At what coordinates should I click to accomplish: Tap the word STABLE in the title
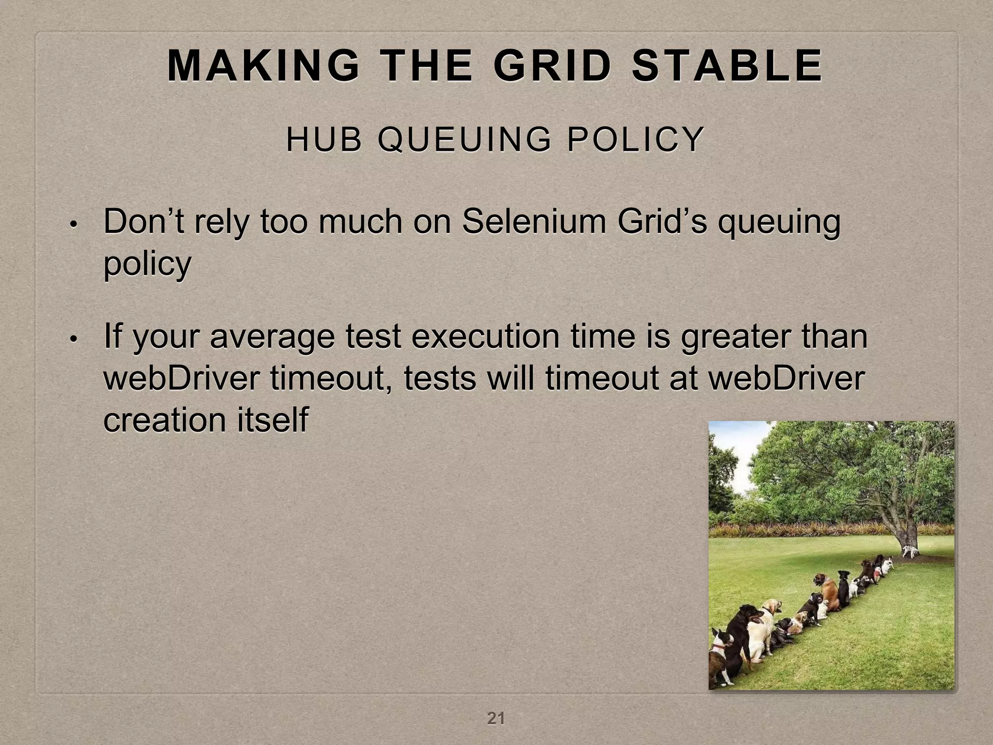(x=727, y=66)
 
